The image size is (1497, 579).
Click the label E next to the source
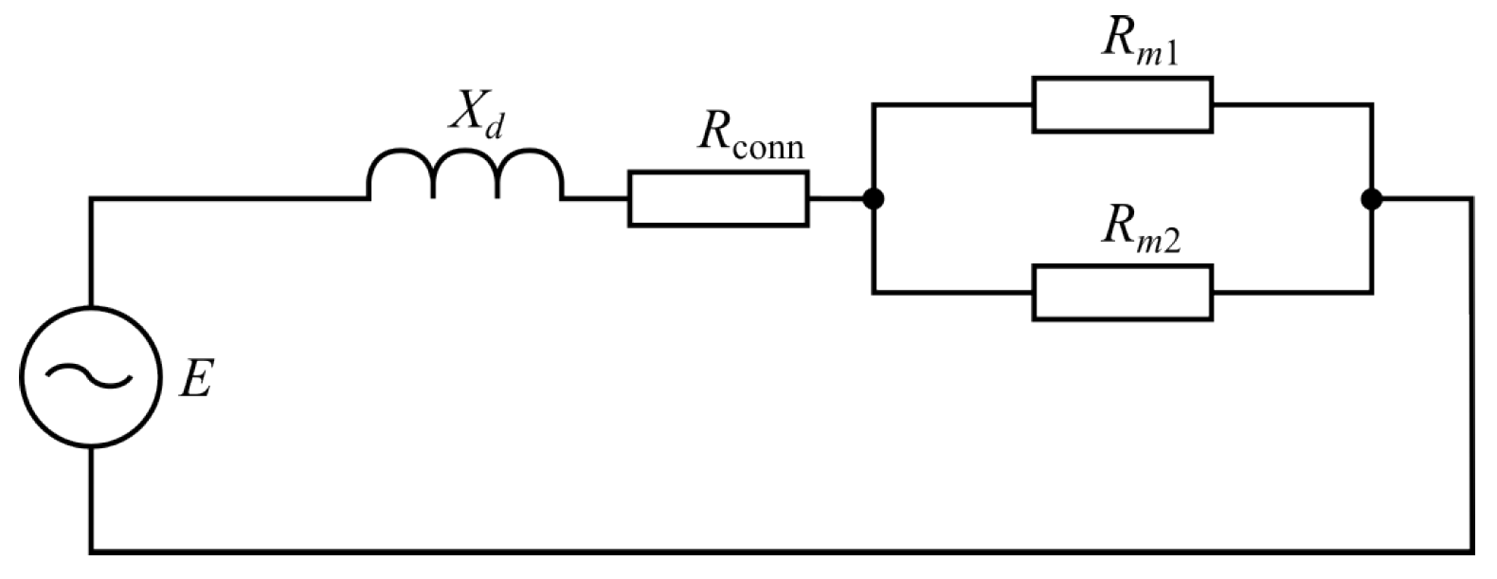[x=196, y=380]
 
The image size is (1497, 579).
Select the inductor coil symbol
[x=465, y=174]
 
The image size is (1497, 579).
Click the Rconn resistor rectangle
[x=718, y=199]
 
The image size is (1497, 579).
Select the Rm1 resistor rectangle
[x=1122, y=104]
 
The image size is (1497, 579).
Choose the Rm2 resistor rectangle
[x=1122, y=293]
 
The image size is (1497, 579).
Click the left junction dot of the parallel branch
[x=874, y=199]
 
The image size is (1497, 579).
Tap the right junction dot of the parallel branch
[x=1370, y=199]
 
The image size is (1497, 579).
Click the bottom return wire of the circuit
[x=758, y=550]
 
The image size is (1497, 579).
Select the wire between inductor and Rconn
[x=595, y=199]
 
